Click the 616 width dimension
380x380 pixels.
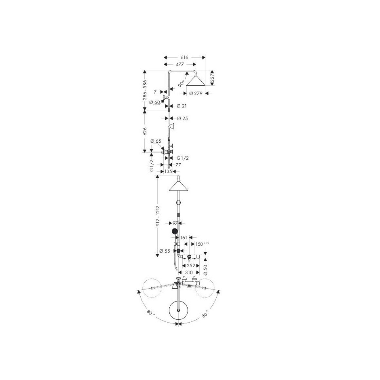click(x=184, y=57)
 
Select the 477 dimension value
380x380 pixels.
click(x=180, y=64)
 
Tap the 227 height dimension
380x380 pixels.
click(x=212, y=78)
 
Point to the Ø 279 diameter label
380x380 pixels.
click(x=196, y=93)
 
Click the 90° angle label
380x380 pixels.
click(x=181, y=84)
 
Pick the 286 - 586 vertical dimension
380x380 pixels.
click(x=145, y=90)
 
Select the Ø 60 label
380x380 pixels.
click(x=155, y=102)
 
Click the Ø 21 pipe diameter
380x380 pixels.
click(x=182, y=106)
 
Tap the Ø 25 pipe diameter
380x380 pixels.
click(x=182, y=118)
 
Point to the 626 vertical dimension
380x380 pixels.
click(x=145, y=131)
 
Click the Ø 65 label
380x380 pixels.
click(x=156, y=141)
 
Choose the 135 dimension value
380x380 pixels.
click(x=168, y=171)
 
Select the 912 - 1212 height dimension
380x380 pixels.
click(x=158, y=216)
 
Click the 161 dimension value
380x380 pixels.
click(x=184, y=238)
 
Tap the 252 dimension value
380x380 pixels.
click(x=191, y=266)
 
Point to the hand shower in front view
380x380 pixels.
click(x=175, y=232)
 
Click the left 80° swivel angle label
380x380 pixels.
click(x=151, y=312)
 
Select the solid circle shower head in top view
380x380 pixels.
click(x=178, y=310)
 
